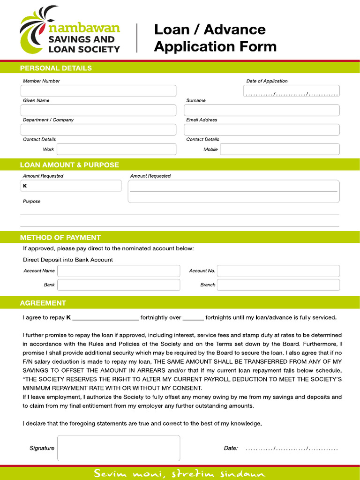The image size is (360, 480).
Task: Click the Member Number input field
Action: [x=98, y=91]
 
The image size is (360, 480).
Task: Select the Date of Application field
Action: [x=291, y=91]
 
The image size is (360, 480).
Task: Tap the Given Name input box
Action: [x=98, y=111]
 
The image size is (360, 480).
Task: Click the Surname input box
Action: [x=262, y=111]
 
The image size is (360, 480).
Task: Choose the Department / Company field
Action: [x=98, y=130]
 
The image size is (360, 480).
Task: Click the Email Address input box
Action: [x=262, y=130]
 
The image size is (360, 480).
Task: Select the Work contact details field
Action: [x=116, y=149]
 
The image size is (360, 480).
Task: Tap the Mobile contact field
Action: [x=279, y=149]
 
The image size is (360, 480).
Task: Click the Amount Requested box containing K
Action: [x=70, y=186]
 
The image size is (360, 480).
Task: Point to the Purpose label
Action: [x=32, y=201]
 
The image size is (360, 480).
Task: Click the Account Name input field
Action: [x=119, y=271]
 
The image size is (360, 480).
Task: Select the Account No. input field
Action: [x=278, y=271]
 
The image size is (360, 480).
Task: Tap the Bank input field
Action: [x=119, y=285]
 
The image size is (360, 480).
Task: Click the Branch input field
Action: [x=278, y=285]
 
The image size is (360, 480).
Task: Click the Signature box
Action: [x=119, y=448]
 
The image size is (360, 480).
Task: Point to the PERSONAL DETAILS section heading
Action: [x=56, y=68]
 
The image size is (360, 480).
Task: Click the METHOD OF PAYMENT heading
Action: [x=60, y=237]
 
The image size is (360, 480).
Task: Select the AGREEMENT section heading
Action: [x=43, y=303]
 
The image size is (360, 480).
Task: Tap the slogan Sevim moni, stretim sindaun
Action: [x=180, y=473]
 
